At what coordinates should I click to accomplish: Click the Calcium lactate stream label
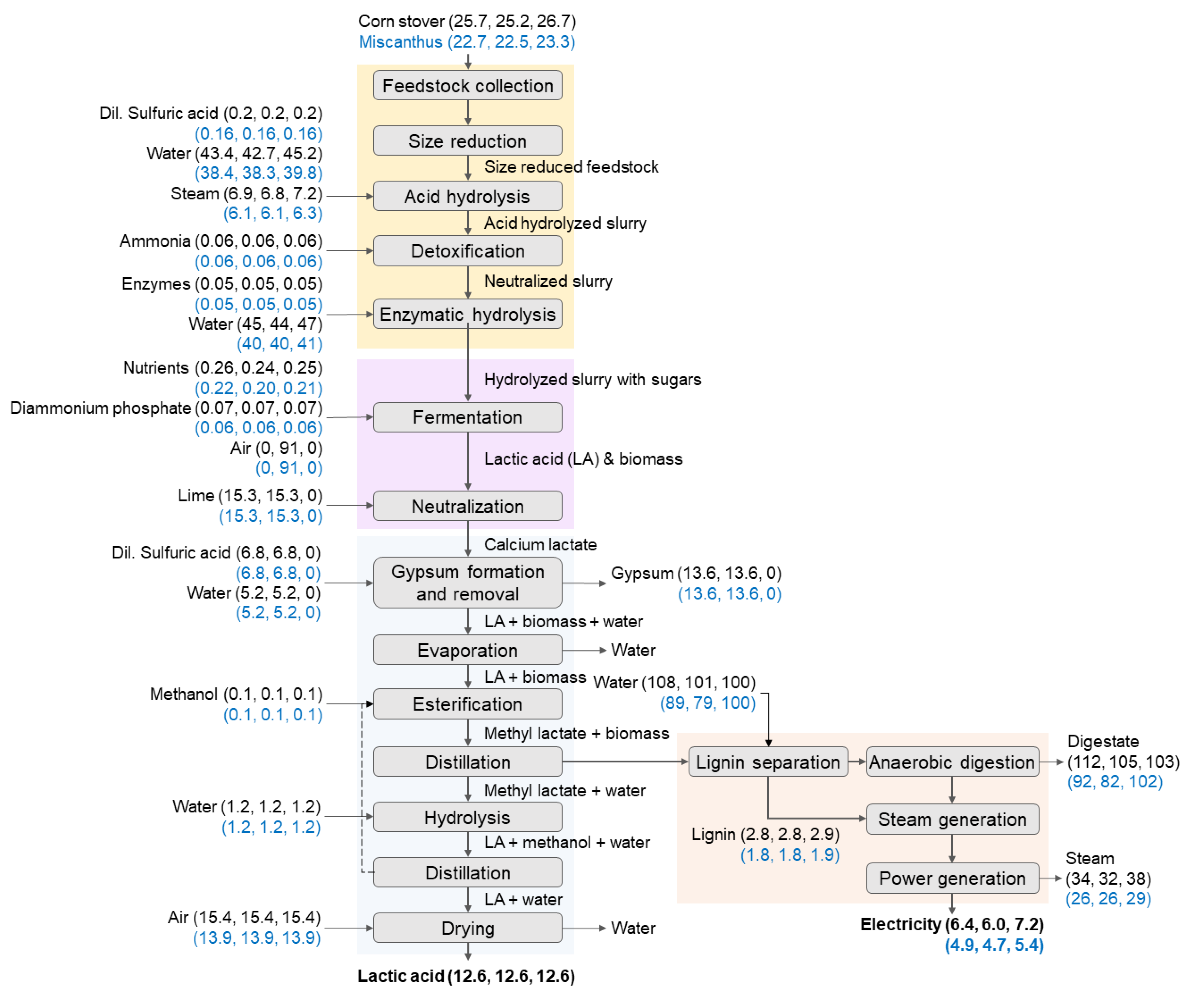[x=540, y=544]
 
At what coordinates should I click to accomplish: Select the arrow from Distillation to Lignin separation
[x=625, y=762]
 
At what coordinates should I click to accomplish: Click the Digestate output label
[x=1103, y=741]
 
